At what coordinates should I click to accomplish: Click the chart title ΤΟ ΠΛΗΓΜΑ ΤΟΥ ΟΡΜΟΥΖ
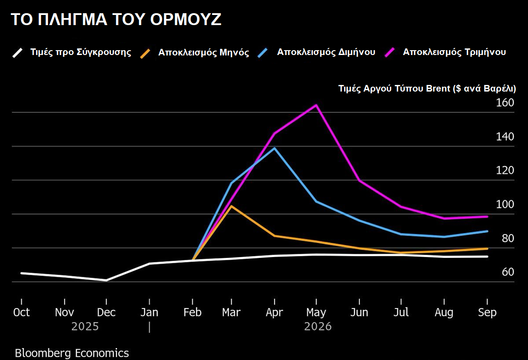pos(116,20)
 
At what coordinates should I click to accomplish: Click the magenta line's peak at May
pos(316,105)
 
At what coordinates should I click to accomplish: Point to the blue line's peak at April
pos(275,148)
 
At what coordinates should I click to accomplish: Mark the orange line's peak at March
pos(231,206)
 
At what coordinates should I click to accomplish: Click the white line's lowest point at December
pos(106,280)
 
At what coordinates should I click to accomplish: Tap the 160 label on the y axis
pos(505,103)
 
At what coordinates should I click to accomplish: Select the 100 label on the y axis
pos(505,205)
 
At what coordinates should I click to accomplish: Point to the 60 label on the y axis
pos(507,272)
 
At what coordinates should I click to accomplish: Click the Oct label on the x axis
pos(21,312)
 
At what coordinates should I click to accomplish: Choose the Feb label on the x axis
pos(192,312)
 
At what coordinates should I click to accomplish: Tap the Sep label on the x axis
pos(487,312)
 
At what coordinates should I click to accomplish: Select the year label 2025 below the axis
pos(85,327)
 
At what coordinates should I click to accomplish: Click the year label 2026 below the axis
pos(318,327)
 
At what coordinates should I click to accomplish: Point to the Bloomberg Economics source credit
pos(72,353)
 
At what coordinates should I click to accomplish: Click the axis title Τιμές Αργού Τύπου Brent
pos(427,88)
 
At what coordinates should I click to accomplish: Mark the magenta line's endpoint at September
pos(487,217)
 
